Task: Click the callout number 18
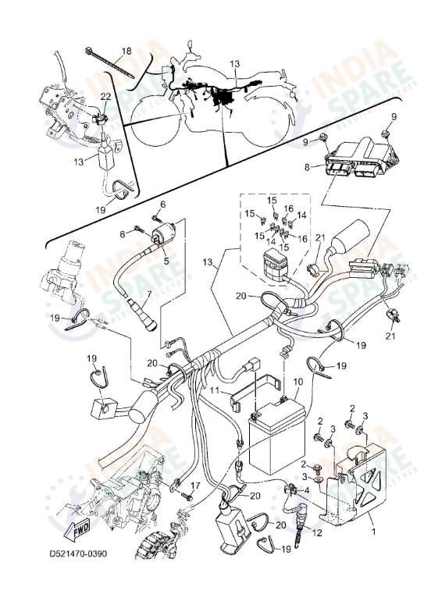tap(125, 52)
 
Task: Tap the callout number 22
tap(105, 96)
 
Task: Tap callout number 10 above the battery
tap(297, 384)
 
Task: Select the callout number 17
tap(195, 486)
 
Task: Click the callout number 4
tap(307, 490)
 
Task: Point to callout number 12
tap(316, 532)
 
